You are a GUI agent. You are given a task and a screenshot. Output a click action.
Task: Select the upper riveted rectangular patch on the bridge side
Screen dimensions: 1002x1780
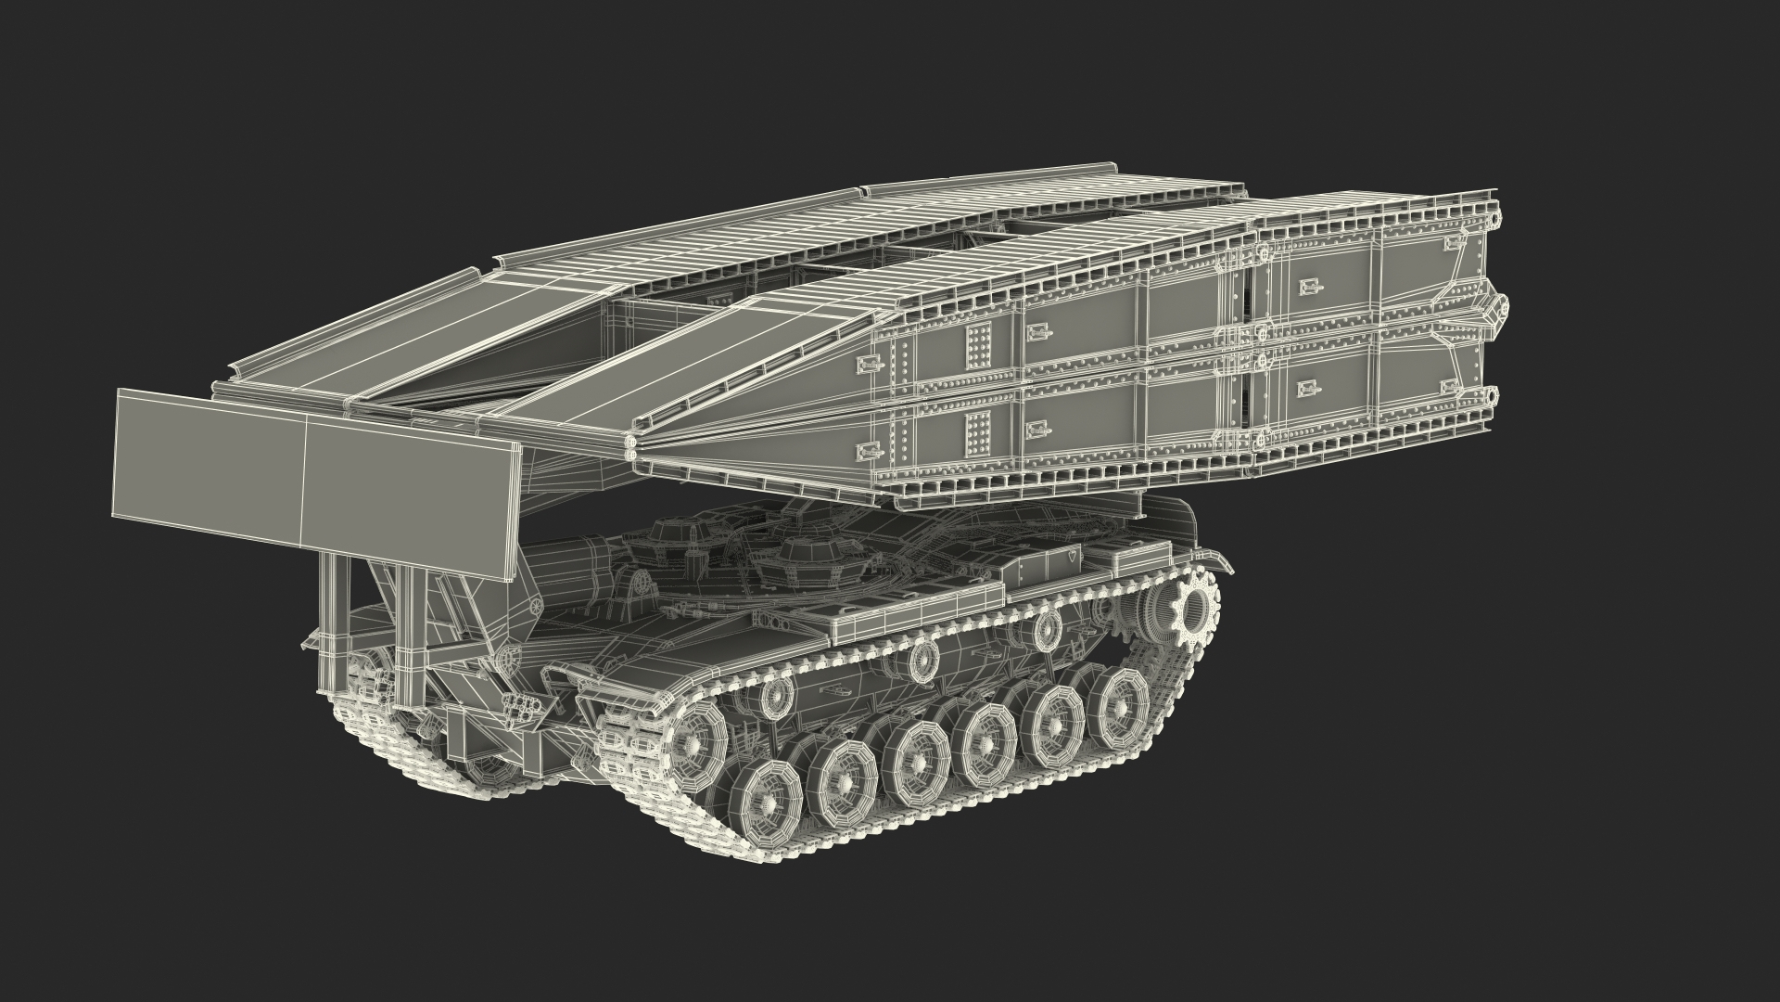click(x=976, y=343)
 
